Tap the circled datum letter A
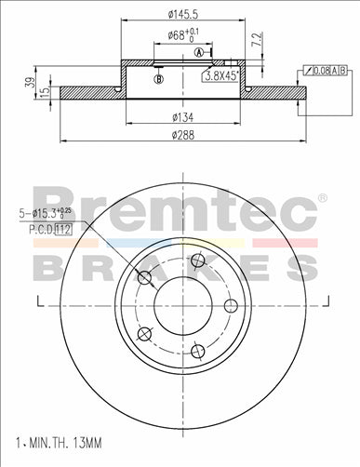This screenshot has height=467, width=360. tap(199, 53)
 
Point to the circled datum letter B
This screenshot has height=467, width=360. tap(159, 79)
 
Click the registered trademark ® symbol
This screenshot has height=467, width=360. tap(322, 198)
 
